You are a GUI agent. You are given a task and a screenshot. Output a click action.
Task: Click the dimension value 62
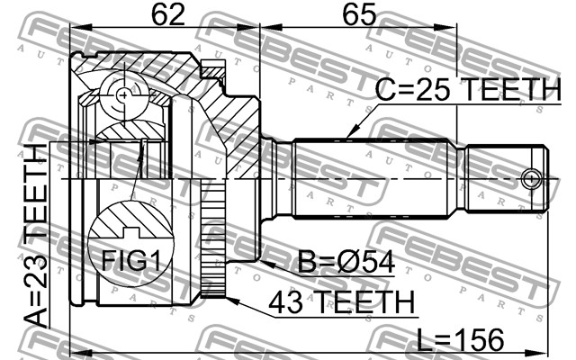click(168, 14)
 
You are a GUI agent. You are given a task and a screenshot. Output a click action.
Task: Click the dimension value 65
click(359, 14)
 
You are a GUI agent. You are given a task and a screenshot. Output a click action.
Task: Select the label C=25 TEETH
click(468, 90)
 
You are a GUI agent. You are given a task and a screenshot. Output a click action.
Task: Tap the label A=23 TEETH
click(36, 236)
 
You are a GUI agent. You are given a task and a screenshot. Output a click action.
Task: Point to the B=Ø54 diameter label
click(346, 262)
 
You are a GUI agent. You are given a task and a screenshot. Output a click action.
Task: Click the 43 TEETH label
click(342, 302)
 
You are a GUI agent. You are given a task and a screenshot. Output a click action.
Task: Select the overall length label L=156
click(461, 340)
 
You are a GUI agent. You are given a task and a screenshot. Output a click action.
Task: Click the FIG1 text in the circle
click(130, 260)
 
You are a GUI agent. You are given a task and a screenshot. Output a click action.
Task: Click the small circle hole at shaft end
click(530, 180)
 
